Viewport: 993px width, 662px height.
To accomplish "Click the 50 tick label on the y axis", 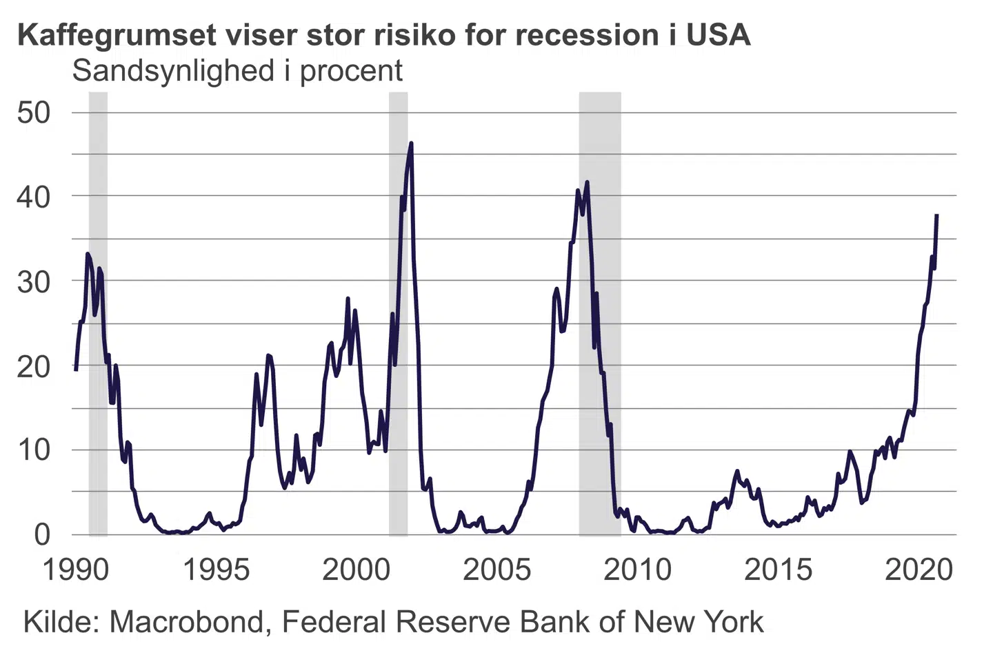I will point(34,112).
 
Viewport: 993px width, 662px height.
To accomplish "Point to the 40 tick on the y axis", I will point(34,197).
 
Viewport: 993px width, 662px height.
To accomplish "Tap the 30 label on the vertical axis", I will point(34,281).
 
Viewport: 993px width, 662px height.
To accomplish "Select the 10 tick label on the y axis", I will point(34,450).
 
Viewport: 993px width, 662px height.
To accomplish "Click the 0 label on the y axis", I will point(43,534).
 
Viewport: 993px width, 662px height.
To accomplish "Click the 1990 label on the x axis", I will point(76,570).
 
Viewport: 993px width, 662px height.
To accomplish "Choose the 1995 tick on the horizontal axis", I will point(216,570).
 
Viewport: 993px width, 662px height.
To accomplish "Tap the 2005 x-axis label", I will point(496,570).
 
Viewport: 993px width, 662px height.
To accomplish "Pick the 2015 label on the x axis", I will point(778,570).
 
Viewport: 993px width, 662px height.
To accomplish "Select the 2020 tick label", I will point(919,570).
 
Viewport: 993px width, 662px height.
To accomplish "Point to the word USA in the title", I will point(718,35).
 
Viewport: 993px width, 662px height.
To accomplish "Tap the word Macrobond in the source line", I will point(186,622).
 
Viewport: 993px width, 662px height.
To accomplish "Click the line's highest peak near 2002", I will point(412,143).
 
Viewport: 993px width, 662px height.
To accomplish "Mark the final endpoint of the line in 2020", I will point(936,215).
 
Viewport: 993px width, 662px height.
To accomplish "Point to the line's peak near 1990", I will point(88,254).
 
